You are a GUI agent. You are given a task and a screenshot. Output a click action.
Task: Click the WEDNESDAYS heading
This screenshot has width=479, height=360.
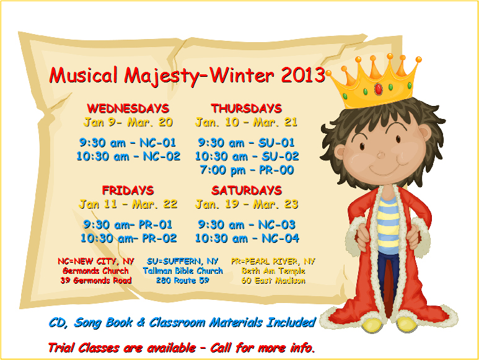128,108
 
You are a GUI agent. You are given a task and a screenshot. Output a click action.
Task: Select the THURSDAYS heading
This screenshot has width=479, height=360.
246,108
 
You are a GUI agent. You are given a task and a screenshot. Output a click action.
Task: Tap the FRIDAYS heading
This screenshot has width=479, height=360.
128,190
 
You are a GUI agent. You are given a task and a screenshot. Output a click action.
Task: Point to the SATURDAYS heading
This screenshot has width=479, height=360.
247,190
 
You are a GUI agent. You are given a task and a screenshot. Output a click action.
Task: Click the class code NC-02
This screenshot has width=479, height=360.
162,156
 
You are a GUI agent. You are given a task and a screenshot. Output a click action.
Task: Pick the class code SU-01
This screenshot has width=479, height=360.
276,143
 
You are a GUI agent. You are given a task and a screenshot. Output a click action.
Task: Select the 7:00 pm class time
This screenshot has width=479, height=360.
222,170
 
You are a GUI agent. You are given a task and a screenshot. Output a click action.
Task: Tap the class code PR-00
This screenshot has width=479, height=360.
276,170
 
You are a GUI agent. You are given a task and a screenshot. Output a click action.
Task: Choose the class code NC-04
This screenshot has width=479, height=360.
281,238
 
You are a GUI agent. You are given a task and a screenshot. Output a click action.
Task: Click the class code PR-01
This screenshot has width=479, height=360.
156,225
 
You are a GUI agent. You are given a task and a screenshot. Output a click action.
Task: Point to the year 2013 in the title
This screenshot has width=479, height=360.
304,75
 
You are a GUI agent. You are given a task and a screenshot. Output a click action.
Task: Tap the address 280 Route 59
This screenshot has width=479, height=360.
182,280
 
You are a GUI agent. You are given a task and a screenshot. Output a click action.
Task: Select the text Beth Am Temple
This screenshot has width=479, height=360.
273,271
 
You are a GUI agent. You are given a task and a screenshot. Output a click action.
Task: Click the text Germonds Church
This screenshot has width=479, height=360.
95,271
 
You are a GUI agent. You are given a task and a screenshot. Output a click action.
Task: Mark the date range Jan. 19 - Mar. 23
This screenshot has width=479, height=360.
247,204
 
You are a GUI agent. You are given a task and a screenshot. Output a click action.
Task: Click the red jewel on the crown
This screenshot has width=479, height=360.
378,89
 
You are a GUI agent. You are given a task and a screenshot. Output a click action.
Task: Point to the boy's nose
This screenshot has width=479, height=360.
381,156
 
